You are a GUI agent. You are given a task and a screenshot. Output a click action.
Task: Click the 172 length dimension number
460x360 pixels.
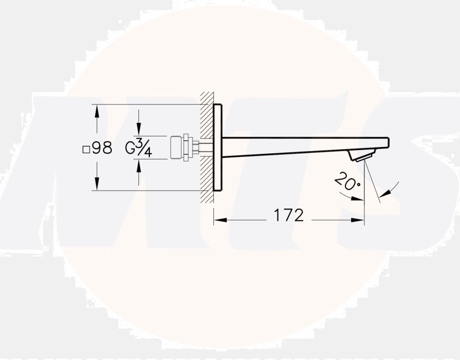pos(289,215)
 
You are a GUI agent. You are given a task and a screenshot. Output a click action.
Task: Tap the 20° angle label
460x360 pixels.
pos(347,181)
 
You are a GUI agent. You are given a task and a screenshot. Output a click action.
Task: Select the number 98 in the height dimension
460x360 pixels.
pos(102,148)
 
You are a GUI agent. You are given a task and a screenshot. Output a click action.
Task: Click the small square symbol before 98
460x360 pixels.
pos(86,149)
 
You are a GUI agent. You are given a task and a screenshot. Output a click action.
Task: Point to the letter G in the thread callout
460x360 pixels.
pos(131,148)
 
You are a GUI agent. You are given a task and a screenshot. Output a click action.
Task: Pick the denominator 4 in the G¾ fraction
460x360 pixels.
pos(147,152)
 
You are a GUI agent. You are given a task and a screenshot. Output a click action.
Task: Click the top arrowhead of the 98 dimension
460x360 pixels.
pos(97,110)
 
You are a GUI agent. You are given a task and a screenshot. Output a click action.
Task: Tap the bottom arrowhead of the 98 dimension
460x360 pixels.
pos(97,186)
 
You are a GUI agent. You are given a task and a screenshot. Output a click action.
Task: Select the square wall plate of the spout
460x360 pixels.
pos(218,147)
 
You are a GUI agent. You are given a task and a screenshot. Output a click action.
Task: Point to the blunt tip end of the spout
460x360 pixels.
pos(388,142)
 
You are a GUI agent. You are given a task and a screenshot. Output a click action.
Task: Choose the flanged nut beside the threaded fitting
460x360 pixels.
pos(187,148)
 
